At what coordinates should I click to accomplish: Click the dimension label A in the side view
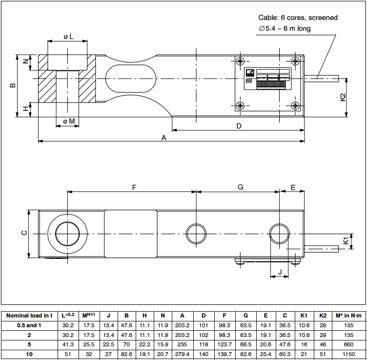(164, 138)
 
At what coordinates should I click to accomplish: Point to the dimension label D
(239, 126)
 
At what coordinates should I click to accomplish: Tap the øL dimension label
(68, 37)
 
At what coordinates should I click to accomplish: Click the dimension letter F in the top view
(134, 187)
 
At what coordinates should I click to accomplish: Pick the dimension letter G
(240, 187)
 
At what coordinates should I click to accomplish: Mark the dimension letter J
(280, 271)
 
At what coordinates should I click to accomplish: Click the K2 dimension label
(343, 97)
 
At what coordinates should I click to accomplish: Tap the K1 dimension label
(346, 240)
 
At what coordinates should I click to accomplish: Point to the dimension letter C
(24, 233)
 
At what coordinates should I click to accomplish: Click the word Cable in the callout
(268, 18)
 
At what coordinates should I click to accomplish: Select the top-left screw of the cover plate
(240, 61)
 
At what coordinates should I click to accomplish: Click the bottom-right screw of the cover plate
(295, 106)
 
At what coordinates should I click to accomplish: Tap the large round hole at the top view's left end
(67, 233)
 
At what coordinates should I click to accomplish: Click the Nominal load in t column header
(29, 316)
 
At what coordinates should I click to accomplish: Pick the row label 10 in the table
(29, 354)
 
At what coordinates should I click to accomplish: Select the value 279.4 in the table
(182, 354)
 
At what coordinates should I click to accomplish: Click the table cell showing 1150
(348, 354)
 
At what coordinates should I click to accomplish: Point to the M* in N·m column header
(348, 316)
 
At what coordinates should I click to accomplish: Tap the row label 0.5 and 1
(29, 325)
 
